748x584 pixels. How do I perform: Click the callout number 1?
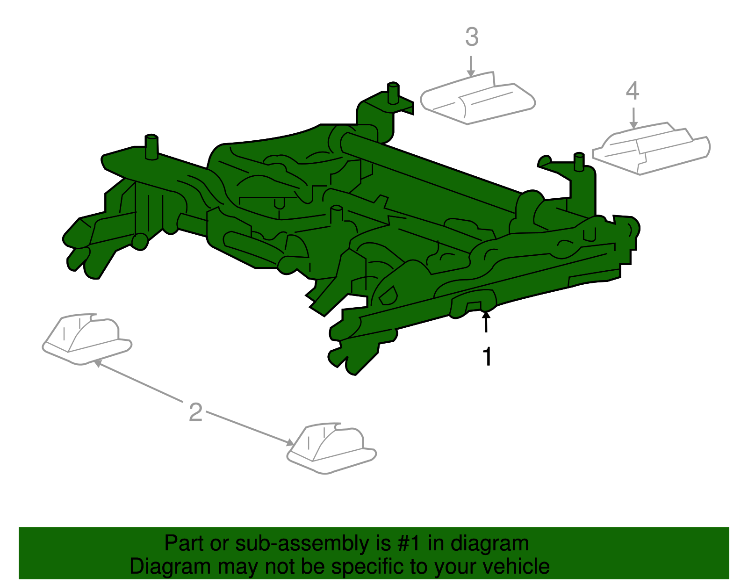pos(487,356)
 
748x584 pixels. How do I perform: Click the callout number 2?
pos(195,412)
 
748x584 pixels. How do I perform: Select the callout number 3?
pos(472,37)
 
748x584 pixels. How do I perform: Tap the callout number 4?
pos(633,91)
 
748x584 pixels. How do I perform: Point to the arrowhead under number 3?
pos(471,72)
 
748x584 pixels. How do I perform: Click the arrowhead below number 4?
pos(634,125)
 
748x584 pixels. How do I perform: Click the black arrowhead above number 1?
pos(486,314)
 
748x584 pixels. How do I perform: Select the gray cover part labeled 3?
pos(477,98)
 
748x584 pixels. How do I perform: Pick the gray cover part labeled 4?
pos(651,148)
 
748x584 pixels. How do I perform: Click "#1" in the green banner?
pos(410,543)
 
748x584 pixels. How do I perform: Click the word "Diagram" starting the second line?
pos(170,566)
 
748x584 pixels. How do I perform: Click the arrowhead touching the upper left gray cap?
pos(98,363)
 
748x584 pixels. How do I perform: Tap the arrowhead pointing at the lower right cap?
pos(290,443)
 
